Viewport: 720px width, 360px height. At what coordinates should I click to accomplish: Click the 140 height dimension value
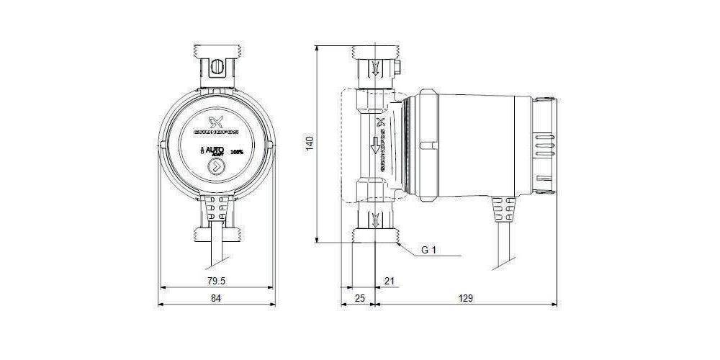(x=310, y=143)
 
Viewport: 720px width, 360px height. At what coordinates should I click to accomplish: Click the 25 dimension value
(x=360, y=297)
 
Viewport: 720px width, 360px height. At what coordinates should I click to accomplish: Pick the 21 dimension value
(x=390, y=280)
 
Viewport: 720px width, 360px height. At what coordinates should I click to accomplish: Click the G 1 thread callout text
(x=430, y=251)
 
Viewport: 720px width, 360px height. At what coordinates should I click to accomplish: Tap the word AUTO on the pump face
(x=214, y=151)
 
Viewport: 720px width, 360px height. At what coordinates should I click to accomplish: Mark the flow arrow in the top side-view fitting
(x=374, y=68)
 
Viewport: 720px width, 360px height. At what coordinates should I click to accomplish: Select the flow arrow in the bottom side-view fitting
(x=374, y=220)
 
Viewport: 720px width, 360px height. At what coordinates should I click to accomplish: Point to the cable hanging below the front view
(x=215, y=252)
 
